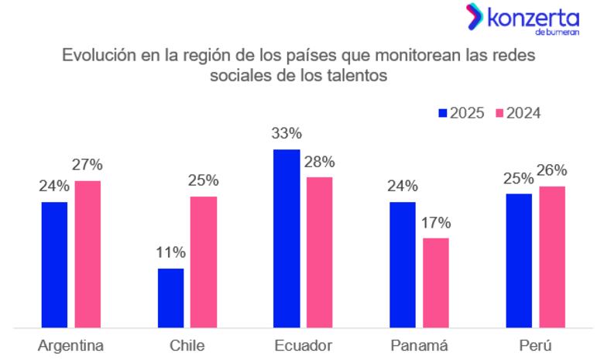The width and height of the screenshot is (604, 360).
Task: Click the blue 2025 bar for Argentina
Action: coord(54,265)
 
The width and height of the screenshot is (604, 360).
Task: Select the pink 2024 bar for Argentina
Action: coord(88,254)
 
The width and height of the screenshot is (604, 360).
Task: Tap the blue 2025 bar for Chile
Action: coord(170,298)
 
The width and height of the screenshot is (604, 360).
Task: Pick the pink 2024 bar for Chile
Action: coord(204,262)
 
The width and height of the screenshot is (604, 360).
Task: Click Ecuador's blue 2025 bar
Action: coord(286,238)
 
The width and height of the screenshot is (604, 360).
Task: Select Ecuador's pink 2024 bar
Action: coord(319,252)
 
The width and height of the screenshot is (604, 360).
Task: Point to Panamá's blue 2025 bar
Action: coord(402,265)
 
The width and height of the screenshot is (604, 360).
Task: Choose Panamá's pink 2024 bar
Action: coord(435,283)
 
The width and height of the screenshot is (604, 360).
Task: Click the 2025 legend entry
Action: coord(462,113)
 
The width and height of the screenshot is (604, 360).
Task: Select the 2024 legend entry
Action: coord(518,113)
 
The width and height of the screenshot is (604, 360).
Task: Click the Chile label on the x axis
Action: coord(187,345)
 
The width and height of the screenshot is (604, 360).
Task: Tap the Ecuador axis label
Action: coord(303,345)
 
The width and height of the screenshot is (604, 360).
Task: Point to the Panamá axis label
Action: coord(418,345)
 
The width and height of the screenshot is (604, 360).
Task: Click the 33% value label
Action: coord(286,133)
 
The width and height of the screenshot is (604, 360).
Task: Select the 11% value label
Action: coord(170,252)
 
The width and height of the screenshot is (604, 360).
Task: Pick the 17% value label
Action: coord(435,222)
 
